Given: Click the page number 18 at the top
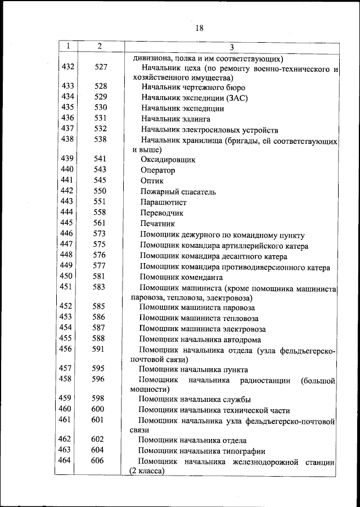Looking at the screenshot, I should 199,28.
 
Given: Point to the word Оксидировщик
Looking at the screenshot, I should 168,160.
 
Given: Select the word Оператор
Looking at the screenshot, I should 158,170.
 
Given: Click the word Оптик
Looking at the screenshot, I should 152,181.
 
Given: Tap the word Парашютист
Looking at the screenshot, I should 164,202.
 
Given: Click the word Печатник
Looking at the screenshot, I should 159,224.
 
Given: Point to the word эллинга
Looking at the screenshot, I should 196,119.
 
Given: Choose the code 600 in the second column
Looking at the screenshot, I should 98,409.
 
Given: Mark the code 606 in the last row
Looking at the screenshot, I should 98,461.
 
